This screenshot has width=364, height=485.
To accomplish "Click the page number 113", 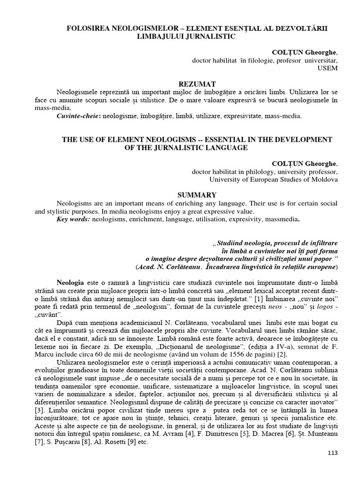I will tap(332, 453).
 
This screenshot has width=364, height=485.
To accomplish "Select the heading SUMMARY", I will tap(197, 195).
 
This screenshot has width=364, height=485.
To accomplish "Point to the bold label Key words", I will tap(73, 219).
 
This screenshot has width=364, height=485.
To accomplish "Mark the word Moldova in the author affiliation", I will tap(326, 180).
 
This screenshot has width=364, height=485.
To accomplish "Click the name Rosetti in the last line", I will tap(108, 443).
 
